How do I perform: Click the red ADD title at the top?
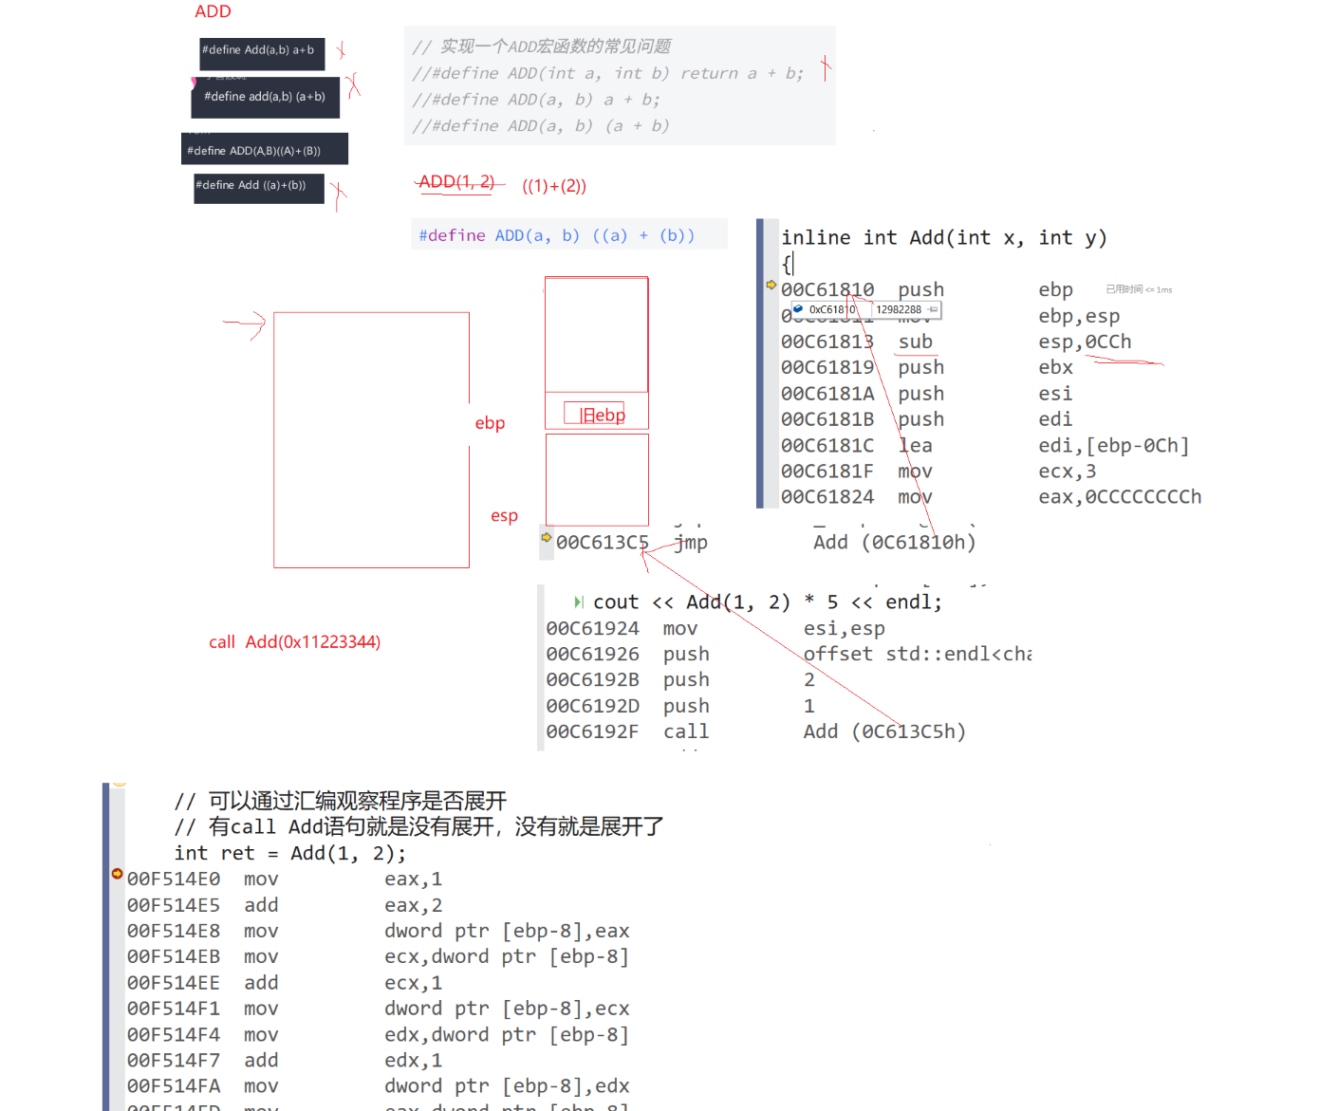coord(213,11)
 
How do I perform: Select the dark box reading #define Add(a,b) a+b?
coord(261,52)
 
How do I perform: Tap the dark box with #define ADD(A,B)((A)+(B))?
coord(263,150)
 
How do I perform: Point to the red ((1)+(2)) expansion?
coord(554,186)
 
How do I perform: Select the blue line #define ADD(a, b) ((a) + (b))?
coord(557,235)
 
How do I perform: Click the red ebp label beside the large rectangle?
coord(490,423)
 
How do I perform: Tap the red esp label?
coord(504,516)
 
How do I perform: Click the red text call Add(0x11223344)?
coord(294,642)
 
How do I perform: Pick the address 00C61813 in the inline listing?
coord(827,342)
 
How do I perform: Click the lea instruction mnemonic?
coord(915,446)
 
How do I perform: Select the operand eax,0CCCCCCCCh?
coord(1119,497)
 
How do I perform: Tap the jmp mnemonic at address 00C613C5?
coord(691,543)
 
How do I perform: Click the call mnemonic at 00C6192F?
coord(685,731)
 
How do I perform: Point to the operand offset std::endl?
coord(917,655)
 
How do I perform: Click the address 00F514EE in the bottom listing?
coord(174,983)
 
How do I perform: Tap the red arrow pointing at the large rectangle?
coord(246,324)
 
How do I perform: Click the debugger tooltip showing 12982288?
coord(899,309)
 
